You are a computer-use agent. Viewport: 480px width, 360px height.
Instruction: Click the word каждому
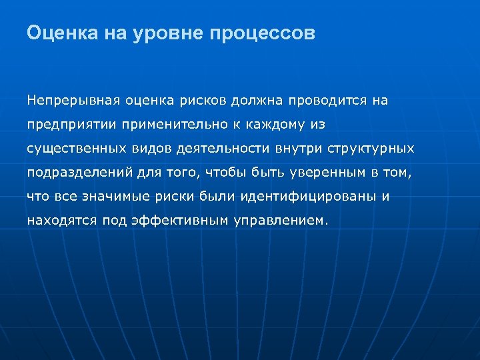point(270,125)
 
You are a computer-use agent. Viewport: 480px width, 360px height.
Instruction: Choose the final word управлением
point(281,221)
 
